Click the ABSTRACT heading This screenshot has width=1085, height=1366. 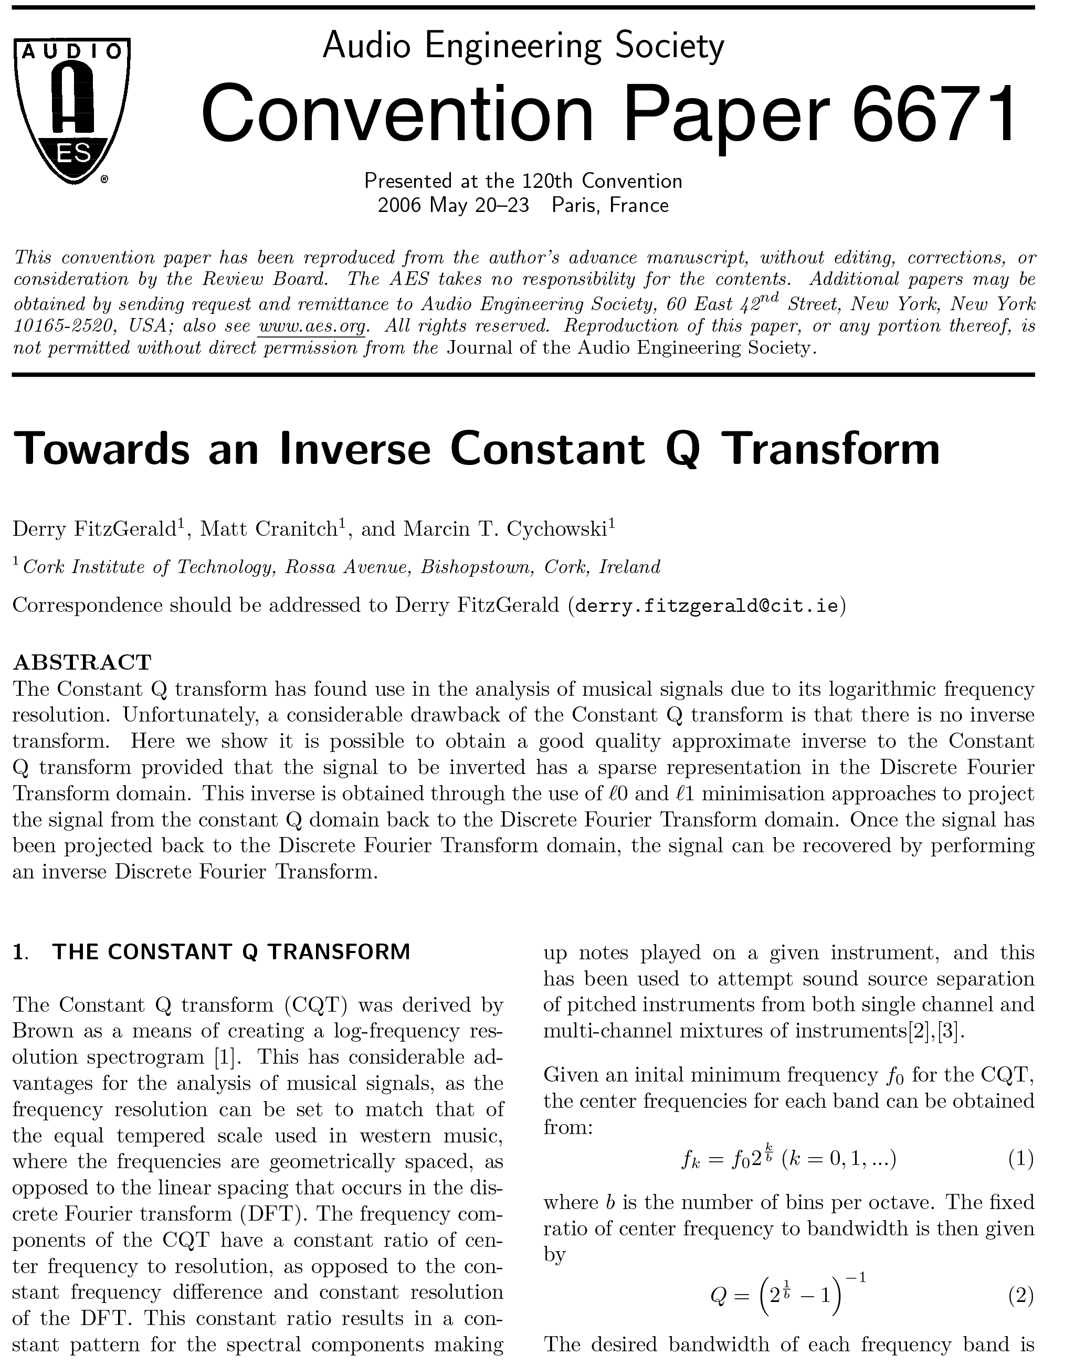tap(82, 662)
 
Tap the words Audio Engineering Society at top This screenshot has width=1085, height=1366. tap(523, 46)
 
